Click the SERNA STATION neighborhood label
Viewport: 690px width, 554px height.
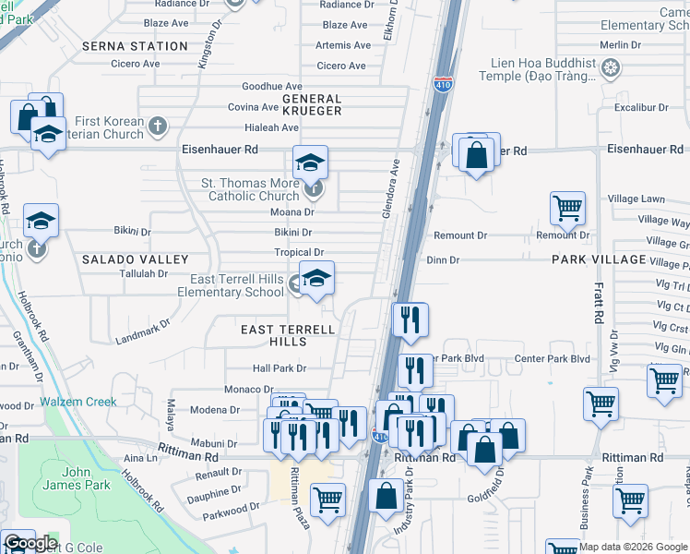click(x=135, y=46)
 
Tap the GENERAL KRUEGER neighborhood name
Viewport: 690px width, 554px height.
click(x=312, y=104)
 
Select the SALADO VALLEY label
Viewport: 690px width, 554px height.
click(x=135, y=260)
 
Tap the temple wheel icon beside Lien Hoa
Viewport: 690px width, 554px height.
click(x=610, y=67)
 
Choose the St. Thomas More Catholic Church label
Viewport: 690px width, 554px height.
click(x=250, y=189)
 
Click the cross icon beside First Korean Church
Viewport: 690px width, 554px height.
click(x=158, y=126)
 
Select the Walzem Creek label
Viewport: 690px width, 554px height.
click(x=77, y=403)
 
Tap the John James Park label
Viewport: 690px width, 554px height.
click(x=77, y=479)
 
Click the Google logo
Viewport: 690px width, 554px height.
click(x=30, y=543)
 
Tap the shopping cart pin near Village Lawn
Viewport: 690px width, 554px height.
click(x=567, y=207)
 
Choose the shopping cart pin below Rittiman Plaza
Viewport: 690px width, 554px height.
click(x=327, y=500)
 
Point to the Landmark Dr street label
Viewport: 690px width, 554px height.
click(x=144, y=332)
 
